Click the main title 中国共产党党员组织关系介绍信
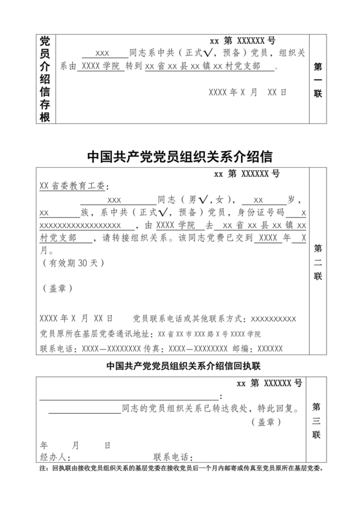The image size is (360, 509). click(x=179, y=157)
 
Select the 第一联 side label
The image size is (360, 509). click(x=318, y=80)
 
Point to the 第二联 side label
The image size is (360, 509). click(x=318, y=262)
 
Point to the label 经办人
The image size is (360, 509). click(x=53, y=457)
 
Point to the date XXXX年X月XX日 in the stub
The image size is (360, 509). click(x=247, y=92)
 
